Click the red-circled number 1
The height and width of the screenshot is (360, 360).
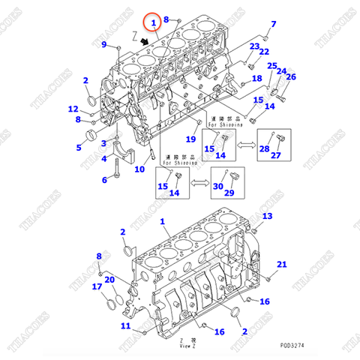click(x=153, y=23)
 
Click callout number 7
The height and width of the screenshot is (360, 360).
click(x=273, y=24)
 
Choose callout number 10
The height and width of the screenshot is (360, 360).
click(x=139, y=169)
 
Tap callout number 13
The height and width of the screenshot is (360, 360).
click(x=268, y=216)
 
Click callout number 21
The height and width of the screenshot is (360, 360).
click(x=282, y=264)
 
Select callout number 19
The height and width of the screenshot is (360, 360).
click(x=190, y=139)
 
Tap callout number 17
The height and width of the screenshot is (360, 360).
click(x=97, y=286)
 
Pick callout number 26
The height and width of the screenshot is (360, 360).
click(x=291, y=76)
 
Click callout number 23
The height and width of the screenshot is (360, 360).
click(x=254, y=46)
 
